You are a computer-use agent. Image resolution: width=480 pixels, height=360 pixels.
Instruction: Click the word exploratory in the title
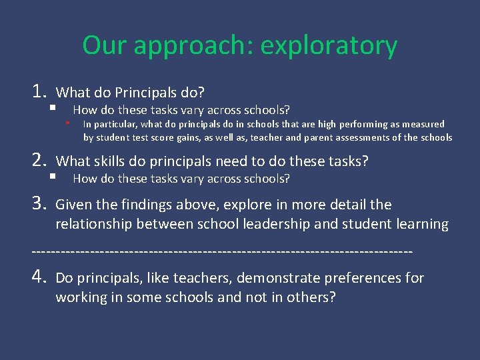coord(329,46)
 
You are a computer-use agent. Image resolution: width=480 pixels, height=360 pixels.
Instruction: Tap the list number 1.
coord(38,91)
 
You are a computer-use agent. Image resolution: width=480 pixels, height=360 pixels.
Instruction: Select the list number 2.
coord(38,160)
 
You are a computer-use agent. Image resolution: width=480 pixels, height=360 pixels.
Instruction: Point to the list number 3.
coord(38,204)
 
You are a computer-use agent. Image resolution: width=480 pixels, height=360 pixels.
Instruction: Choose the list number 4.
coord(38,277)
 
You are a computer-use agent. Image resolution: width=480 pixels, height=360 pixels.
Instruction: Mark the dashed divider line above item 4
coord(222,252)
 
